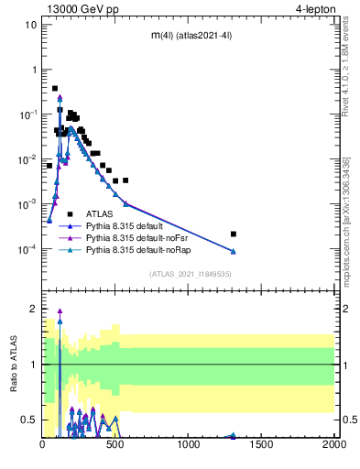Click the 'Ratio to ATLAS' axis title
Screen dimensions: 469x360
pyautogui.click(x=13, y=364)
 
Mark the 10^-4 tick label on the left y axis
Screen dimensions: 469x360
pyautogui.click(x=27, y=249)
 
